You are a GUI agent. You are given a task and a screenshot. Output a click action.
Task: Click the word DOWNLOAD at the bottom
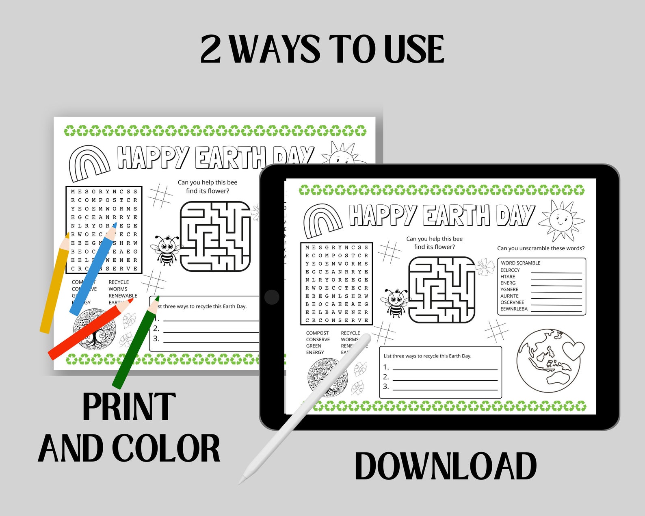point(446,466)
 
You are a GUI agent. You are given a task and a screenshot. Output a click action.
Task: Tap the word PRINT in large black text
point(129,407)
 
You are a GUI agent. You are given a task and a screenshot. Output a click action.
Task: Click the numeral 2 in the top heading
point(210,50)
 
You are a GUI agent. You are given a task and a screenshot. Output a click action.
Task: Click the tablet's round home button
point(271,297)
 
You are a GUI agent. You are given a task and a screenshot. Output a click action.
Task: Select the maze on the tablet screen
point(441,290)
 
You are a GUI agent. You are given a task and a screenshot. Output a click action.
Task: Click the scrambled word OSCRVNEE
point(512,302)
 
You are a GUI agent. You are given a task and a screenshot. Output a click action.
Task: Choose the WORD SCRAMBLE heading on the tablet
point(520,263)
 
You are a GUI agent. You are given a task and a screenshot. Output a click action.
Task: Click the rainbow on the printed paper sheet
point(89,163)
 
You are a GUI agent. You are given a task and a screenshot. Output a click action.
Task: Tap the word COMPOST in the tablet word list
point(317,333)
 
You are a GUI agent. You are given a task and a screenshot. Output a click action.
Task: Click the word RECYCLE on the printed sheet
point(119,282)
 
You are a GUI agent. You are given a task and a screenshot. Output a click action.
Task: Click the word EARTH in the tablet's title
point(456,215)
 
